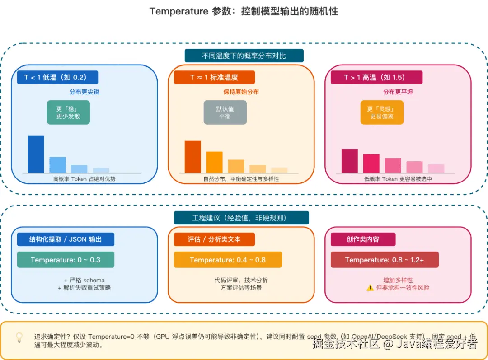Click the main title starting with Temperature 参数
point(244,11)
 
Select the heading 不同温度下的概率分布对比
point(244,56)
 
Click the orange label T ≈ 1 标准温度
point(214,77)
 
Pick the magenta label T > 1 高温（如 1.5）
point(374,77)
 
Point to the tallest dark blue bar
point(36,154)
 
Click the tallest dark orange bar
point(192,157)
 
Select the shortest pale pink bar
point(436,168)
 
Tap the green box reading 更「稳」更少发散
point(68,112)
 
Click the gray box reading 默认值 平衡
point(225,112)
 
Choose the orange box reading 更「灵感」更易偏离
point(382,112)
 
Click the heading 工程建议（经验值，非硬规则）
point(241,218)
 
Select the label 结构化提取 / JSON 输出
point(66,239)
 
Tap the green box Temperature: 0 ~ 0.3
point(66,260)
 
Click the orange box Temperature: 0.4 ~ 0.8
point(228,260)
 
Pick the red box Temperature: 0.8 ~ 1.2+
point(385,260)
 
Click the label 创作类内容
point(363,239)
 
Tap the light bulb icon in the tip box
point(19,337)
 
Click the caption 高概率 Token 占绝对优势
point(84,179)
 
